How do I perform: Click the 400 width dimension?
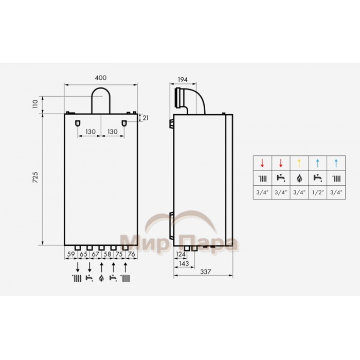[x=101, y=78]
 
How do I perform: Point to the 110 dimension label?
[x=35, y=104]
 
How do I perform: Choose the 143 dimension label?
[x=183, y=263]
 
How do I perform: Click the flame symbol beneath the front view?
[x=101, y=279]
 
